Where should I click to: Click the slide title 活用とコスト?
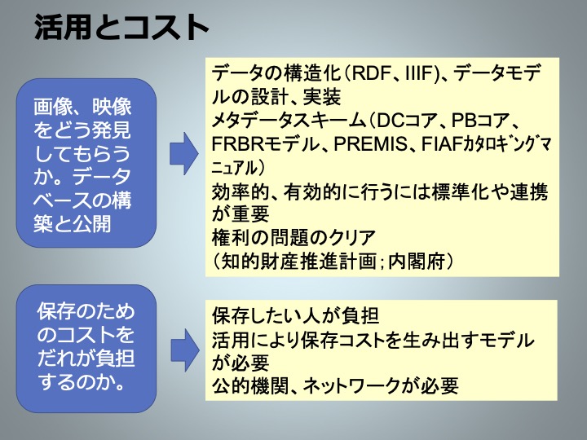point(121,27)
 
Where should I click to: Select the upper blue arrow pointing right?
point(183,153)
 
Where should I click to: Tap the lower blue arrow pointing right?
point(185,350)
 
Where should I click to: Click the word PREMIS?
point(370,143)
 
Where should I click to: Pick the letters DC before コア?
point(391,120)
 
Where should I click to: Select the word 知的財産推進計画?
point(298,262)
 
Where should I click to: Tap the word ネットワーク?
point(351,385)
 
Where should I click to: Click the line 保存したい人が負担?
point(295,315)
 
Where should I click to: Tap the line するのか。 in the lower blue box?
point(82,381)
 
